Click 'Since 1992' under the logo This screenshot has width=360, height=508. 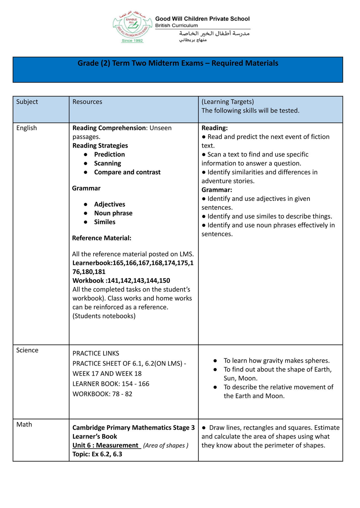point(132,41)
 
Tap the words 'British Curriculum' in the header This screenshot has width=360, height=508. point(176,26)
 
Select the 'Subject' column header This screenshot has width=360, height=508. point(27,102)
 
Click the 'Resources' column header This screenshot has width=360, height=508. point(87,102)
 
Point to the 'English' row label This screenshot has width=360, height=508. point(26,128)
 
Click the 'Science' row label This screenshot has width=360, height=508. point(27,350)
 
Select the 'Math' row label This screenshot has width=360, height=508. point(24,425)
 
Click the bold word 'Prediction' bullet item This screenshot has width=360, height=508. point(109,154)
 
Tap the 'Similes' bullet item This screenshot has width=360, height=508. point(105,222)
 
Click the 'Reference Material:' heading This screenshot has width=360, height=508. point(102,238)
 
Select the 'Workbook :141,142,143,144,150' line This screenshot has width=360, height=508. point(121,281)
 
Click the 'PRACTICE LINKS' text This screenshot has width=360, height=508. point(96,354)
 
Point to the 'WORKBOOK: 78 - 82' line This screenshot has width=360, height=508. point(102,394)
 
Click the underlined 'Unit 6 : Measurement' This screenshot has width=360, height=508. point(106,445)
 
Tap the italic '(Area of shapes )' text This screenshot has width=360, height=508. point(166,445)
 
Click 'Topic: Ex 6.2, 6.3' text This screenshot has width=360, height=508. point(97,454)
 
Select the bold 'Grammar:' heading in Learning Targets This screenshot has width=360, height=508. point(217,190)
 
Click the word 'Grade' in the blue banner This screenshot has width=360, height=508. point(88,63)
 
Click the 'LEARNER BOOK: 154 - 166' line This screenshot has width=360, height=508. point(111,384)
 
